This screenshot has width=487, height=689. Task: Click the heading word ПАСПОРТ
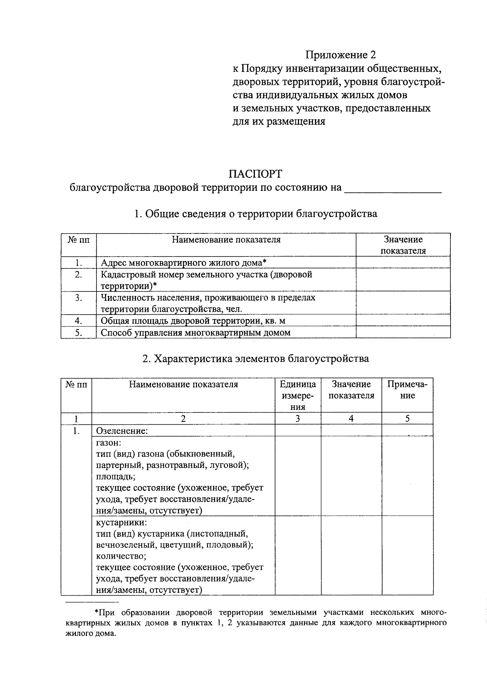pos(255,174)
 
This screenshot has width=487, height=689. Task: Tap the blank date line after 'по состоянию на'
pos(392,189)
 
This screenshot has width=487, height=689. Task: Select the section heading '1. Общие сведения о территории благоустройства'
pos(256,214)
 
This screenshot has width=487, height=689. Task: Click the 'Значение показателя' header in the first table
pos(403,245)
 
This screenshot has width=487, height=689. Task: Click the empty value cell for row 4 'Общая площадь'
pos(403,321)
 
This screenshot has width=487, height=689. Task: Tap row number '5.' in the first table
pos(79,333)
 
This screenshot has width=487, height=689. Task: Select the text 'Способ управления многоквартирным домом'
pos(196,333)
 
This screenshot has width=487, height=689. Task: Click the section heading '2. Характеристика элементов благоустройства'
pos(256,359)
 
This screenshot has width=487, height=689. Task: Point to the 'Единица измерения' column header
pos(298,395)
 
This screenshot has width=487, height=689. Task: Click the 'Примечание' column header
pos(407,390)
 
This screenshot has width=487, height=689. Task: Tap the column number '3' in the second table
pos(298,419)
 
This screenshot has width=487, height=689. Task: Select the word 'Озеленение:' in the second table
pos(122,431)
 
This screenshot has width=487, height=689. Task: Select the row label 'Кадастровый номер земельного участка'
pos(206,274)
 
